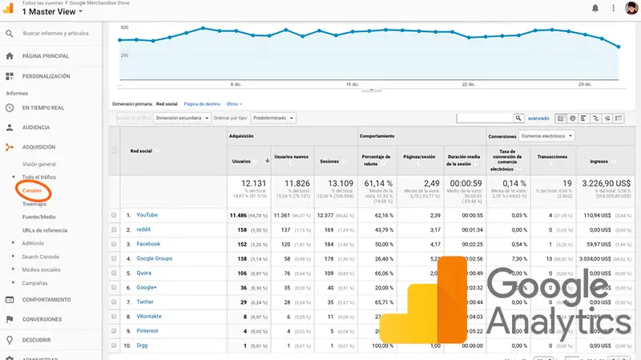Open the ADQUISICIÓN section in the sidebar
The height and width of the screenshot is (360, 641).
click(38, 147)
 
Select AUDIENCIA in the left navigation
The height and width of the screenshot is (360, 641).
click(35, 127)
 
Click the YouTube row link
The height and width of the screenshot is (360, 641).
click(147, 215)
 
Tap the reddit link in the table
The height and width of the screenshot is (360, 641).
click(143, 229)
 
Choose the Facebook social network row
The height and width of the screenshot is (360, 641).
click(148, 244)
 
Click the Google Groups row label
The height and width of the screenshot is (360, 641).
click(154, 258)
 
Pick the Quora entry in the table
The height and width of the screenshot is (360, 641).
click(145, 273)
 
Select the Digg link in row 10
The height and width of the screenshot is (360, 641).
click(143, 346)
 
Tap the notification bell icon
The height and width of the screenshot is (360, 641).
click(595, 8)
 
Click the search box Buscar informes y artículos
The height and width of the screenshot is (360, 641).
click(56, 34)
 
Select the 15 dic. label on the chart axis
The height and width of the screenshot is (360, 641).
click(352, 83)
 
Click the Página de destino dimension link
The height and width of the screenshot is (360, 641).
click(202, 103)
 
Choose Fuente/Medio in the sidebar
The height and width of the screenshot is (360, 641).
click(38, 216)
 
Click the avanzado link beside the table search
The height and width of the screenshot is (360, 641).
click(538, 118)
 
